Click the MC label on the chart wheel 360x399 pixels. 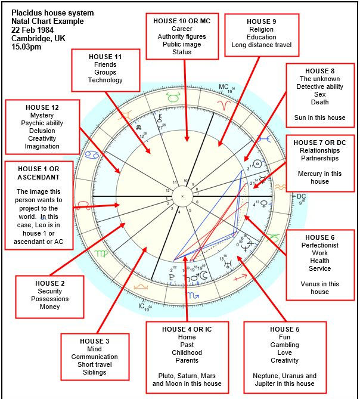[x=224, y=87]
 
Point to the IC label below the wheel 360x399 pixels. [x=141, y=306]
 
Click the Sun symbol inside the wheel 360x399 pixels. [x=257, y=163]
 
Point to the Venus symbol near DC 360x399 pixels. [x=263, y=204]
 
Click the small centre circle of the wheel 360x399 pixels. [x=182, y=196]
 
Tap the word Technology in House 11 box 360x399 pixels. [x=105, y=81]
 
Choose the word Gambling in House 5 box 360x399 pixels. [x=284, y=345]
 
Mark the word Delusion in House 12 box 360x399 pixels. [x=42, y=131]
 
